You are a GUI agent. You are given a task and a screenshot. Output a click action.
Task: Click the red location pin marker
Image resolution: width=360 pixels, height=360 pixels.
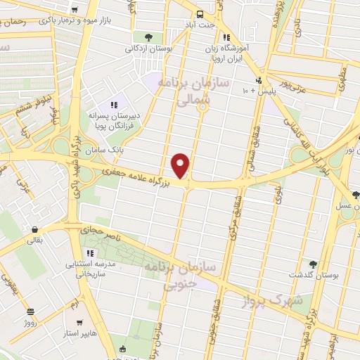[x=181, y=166]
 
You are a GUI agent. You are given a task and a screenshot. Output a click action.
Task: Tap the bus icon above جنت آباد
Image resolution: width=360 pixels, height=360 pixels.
[x=200, y=14]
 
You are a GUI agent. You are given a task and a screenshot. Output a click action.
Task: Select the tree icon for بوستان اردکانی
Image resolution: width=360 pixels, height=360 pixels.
[x=147, y=37]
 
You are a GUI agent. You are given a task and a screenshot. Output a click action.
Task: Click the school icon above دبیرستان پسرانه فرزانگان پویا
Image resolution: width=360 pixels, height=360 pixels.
[x=114, y=105]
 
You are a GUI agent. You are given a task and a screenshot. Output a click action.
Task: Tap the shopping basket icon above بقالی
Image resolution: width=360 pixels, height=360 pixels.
[x=34, y=229]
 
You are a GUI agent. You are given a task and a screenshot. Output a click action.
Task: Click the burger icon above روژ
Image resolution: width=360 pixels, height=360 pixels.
[x=30, y=311]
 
